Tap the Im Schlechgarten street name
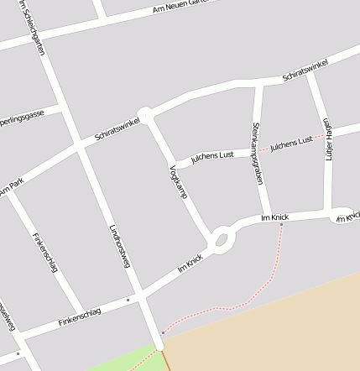(x=35, y=30)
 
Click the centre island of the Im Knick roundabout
(x=222, y=241)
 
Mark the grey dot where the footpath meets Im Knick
(x=281, y=224)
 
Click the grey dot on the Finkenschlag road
(x=128, y=300)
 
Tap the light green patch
(x=126, y=364)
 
